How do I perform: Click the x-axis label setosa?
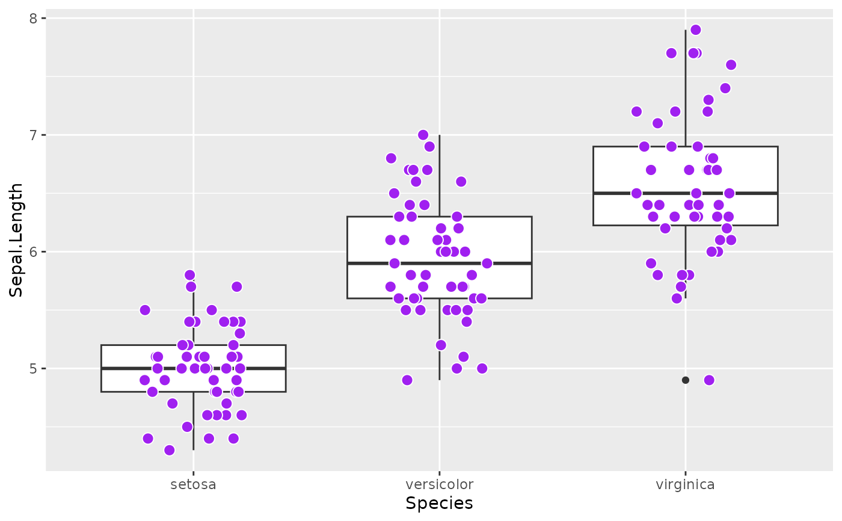[x=193, y=484]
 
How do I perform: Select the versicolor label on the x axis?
[x=439, y=484]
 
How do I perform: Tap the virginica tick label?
[x=685, y=484]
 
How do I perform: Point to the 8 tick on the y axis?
[x=34, y=18]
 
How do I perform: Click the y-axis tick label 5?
[x=34, y=368]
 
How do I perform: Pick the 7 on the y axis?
[x=34, y=135]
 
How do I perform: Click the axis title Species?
[x=439, y=504]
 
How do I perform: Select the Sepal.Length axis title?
[x=16, y=239]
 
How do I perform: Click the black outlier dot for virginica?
[x=685, y=380]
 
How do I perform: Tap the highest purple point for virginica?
[x=696, y=30]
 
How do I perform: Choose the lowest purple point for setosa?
[x=170, y=450]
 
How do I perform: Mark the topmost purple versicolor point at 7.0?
[x=423, y=135]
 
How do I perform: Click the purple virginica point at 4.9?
[x=709, y=380]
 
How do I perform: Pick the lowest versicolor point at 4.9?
[x=407, y=380]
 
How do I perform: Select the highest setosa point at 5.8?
[x=190, y=275]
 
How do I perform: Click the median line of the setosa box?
[x=138, y=368]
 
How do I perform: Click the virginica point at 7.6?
[x=731, y=65]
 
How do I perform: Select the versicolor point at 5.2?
[x=441, y=345]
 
